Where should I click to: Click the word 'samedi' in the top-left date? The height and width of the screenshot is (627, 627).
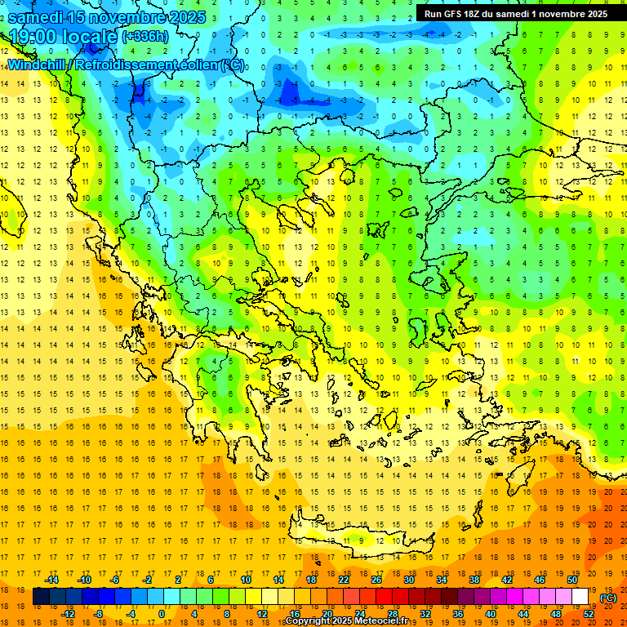tap(37, 17)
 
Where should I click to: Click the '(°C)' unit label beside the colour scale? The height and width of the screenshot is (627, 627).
tap(607, 598)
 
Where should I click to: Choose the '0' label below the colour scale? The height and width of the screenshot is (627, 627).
tap(162, 614)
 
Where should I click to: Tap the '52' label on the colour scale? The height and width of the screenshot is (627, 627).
tap(588, 614)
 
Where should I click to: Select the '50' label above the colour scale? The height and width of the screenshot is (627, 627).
tap(571, 580)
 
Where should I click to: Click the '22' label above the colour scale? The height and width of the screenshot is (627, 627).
tap(344, 580)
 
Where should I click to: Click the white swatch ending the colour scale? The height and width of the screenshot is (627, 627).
tap(580, 597)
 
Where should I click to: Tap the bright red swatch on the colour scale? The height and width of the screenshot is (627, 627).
tap(384, 597)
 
